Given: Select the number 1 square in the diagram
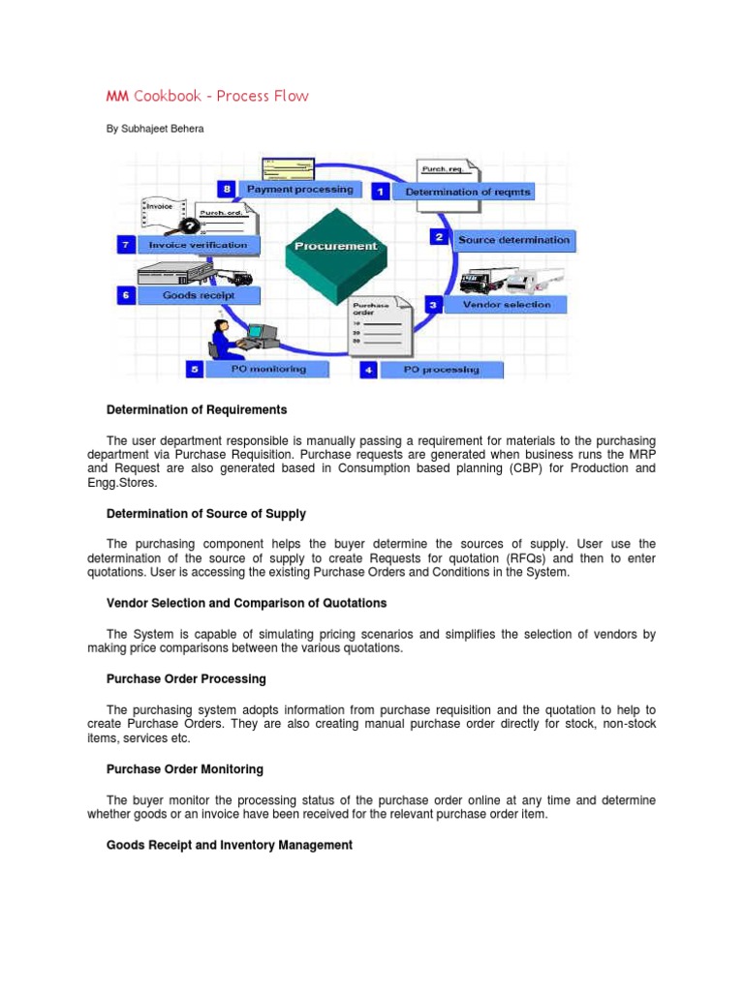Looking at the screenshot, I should [x=381, y=192].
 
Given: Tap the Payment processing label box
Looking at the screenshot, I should [x=299, y=190].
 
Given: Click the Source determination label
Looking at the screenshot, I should [x=513, y=239].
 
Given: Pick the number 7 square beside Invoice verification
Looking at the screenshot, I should [x=125, y=245].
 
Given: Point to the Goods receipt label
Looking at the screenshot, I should [x=198, y=294].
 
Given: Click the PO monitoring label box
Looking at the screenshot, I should [x=268, y=369].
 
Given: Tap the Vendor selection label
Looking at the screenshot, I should [x=507, y=304].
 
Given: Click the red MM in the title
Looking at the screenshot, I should [x=117, y=96].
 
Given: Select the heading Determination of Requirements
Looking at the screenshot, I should [x=197, y=410].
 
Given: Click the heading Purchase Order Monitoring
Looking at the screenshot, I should [x=184, y=769].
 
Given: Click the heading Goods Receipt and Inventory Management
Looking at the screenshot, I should [x=229, y=845].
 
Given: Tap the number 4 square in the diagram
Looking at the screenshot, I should [x=368, y=369].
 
